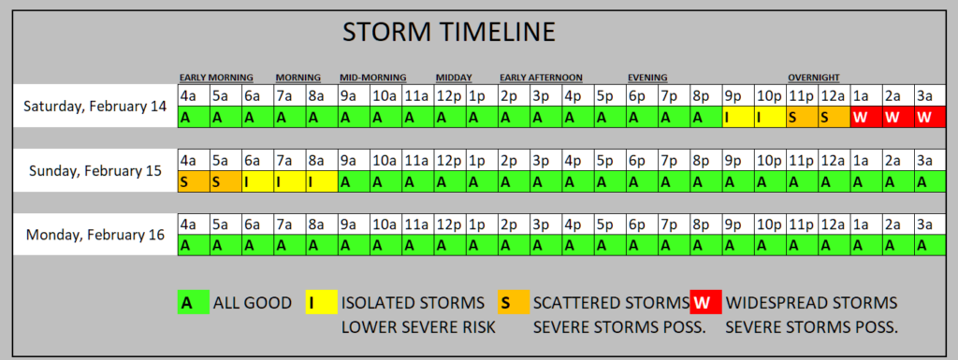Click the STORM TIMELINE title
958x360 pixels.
[x=448, y=32]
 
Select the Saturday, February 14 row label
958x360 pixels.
[x=94, y=107]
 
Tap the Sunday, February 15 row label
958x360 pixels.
[x=94, y=170]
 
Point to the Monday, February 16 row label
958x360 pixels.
[x=94, y=235]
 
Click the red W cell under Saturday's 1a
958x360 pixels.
[x=865, y=117]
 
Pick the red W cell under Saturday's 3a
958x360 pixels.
[x=930, y=117]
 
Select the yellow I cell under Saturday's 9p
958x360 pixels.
[x=738, y=117]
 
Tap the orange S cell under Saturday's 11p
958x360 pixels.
[x=802, y=117]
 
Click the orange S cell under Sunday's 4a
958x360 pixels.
[x=195, y=181]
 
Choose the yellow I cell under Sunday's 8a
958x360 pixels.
[x=322, y=181]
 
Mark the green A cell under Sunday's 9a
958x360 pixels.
[x=354, y=181]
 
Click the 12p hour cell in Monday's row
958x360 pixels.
[x=450, y=223]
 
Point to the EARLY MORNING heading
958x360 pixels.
[x=216, y=78]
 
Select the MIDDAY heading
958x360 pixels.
[x=454, y=78]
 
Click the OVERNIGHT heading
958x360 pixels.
[x=813, y=78]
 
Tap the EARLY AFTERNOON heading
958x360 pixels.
[x=541, y=78]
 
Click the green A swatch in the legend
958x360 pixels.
[x=193, y=302]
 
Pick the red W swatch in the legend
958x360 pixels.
[x=705, y=302]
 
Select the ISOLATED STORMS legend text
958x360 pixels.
[x=413, y=303]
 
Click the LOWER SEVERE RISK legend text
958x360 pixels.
[x=418, y=327]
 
